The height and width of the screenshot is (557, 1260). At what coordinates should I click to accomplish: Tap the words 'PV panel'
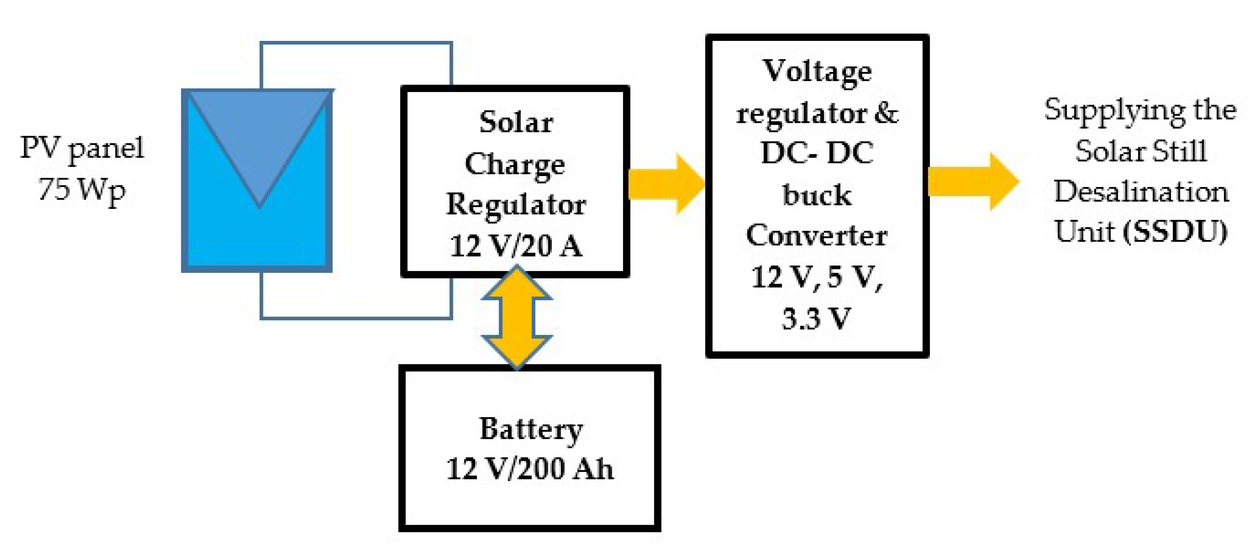point(82,148)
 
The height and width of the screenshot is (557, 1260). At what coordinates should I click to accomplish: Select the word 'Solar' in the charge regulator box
point(516,122)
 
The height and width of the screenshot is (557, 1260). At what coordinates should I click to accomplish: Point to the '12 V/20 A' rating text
point(516,246)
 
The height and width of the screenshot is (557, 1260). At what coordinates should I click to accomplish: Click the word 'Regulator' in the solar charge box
point(516,205)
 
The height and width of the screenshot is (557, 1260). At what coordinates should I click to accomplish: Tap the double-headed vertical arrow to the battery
point(517,317)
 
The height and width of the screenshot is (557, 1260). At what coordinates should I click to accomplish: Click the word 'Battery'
point(531,430)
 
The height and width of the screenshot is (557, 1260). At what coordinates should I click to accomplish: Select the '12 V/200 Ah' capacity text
point(530,469)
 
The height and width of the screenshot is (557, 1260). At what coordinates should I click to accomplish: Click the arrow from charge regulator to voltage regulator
point(666,184)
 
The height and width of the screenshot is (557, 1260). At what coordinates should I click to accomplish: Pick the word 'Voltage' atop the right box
point(817,71)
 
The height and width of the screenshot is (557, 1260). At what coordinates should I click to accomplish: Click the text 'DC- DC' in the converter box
point(817,153)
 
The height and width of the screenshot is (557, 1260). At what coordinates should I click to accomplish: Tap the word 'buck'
point(817,195)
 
